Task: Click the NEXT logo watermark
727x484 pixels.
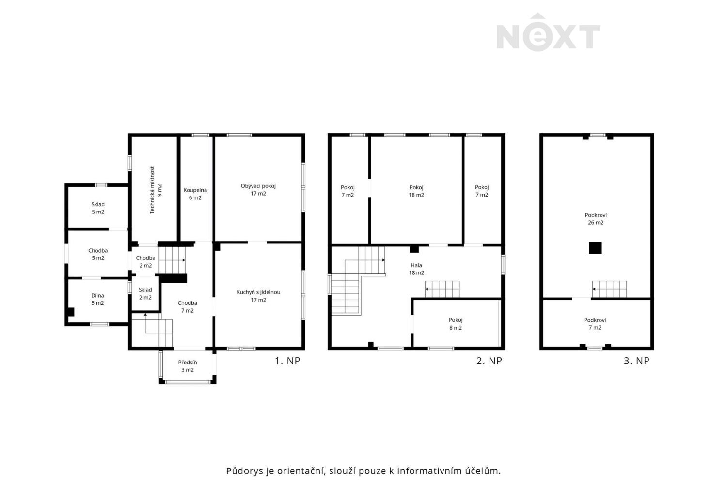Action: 548,32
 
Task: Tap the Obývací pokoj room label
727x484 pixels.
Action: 258,190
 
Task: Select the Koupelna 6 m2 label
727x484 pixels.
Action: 195,194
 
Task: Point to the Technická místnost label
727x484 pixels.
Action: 156,190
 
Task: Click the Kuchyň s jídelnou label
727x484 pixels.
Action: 258,296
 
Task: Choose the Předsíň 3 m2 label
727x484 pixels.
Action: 188,366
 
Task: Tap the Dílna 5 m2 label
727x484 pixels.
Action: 97,299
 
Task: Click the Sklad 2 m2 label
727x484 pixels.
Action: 145,294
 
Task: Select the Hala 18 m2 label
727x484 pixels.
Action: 416,269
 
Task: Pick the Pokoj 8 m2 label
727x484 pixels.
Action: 456,324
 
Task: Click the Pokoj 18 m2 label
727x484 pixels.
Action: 416,191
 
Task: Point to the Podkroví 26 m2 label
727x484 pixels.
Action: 596,219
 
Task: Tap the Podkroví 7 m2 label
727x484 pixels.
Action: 595,324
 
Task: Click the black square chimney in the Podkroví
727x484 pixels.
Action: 595,248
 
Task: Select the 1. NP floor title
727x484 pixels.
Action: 287,361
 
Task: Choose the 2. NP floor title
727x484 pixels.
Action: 489,361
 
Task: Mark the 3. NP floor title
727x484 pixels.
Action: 636,361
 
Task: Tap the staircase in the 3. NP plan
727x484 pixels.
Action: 610,289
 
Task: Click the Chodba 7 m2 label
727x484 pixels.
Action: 187,307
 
